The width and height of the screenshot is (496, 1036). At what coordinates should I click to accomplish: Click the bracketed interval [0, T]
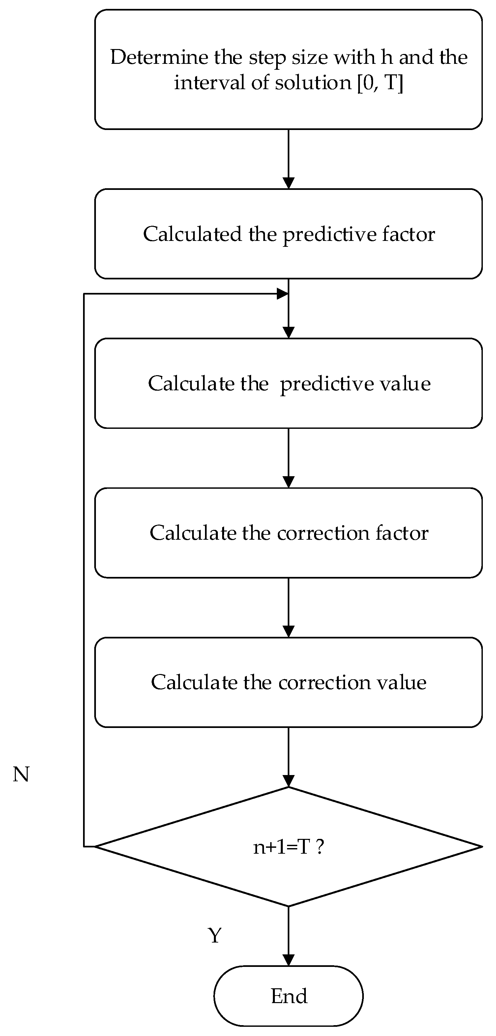tap(380, 83)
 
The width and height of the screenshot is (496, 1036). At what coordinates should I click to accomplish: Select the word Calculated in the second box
tap(192, 234)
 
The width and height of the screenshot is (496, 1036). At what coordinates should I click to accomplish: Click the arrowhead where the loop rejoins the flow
tap(283, 294)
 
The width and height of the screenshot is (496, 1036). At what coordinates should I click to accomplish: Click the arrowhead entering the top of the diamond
tap(289, 781)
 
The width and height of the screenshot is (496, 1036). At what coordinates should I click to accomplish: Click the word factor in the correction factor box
tap(402, 533)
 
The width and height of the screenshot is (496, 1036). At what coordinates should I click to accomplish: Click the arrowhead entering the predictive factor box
tap(289, 183)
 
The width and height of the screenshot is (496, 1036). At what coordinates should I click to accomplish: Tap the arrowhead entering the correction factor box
tap(289, 482)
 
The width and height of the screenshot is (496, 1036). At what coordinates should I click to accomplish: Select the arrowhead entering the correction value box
tap(289, 632)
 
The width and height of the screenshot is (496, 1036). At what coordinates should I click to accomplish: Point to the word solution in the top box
tap(313, 83)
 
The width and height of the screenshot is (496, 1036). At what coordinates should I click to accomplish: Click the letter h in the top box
tap(387, 57)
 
